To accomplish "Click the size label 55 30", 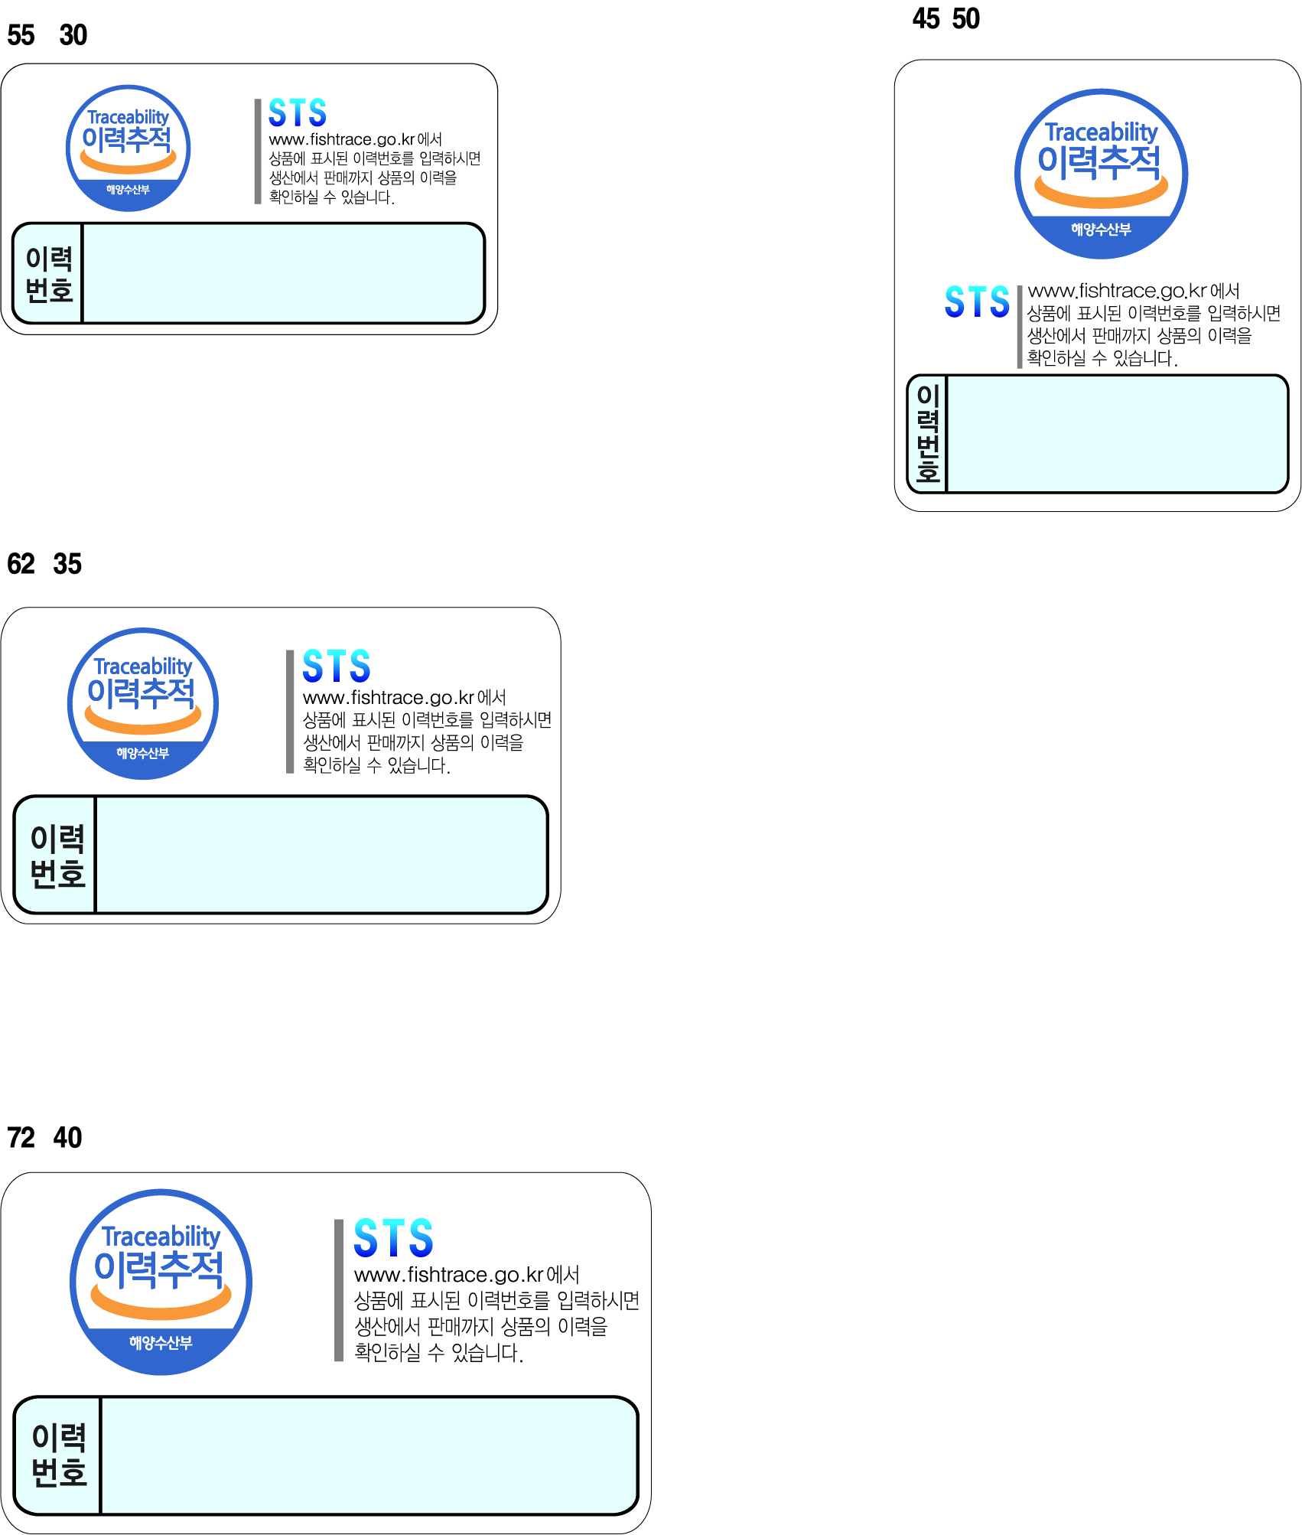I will tap(47, 35).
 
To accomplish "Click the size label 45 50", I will tap(946, 18).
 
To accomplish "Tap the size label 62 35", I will tap(44, 564).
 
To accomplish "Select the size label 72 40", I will tap(44, 1138).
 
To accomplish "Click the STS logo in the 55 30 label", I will tap(298, 113).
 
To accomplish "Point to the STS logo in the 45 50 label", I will tap(977, 301).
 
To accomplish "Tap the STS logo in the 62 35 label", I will tap(337, 666).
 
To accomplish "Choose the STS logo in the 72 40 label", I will tap(393, 1238).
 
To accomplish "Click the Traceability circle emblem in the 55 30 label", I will tap(128, 148).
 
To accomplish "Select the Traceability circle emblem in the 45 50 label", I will tap(1101, 174).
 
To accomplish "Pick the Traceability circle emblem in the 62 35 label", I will tap(143, 704).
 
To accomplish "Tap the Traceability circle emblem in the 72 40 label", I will tap(161, 1282).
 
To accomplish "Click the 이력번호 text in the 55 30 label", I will tap(49, 274).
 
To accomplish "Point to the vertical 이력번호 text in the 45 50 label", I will tap(927, 433).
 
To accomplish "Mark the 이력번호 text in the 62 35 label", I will tap(57, 855).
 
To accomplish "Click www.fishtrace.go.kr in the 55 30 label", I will tap(342, 140).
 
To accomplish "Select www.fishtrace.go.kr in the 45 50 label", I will tap(1117, 292).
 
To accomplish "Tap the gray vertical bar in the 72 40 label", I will tap(339, 1290).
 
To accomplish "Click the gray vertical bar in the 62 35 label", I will tap(290, 712).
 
